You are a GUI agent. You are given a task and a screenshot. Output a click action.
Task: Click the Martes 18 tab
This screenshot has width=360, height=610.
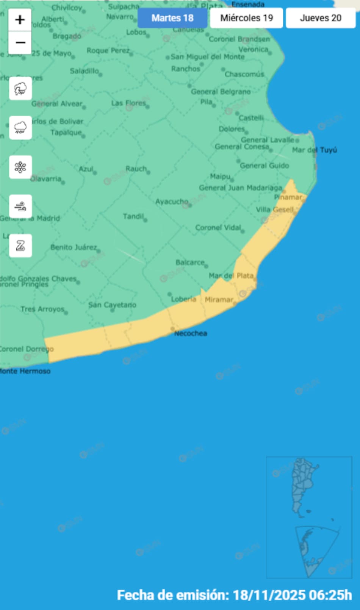tap(172, 18)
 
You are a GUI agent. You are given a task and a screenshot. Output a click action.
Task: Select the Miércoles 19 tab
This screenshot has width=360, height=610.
tap(246, 18)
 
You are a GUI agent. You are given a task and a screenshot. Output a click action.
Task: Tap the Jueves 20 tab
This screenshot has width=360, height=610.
tap(321, 18)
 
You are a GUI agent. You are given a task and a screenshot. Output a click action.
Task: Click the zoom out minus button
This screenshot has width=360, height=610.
tap(20, 42)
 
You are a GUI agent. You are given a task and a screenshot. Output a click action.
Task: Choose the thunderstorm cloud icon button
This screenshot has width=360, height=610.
tap(20, 89)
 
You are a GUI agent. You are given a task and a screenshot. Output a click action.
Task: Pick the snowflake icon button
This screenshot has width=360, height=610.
tap(20, 167)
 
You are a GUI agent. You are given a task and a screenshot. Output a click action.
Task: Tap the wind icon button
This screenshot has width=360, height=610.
tap(20, 206)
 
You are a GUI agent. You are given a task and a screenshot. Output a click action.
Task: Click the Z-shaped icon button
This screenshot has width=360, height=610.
tap(20, 246)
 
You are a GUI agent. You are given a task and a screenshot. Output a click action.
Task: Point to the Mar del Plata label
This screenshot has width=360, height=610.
tap(231, 275)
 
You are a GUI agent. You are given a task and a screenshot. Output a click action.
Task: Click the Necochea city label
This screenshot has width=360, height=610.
tap(191, 333)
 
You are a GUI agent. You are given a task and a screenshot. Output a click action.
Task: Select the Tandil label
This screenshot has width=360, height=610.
tap(133, 216)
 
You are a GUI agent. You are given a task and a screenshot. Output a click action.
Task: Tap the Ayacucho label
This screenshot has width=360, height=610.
tap(172, 202)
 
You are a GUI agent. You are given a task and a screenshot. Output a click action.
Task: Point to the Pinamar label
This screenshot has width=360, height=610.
tap(288, 197)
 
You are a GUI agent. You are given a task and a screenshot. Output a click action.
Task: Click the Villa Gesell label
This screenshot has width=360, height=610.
tap(275, 210)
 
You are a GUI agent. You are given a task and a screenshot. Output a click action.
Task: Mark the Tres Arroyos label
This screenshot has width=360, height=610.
tap(42, 309)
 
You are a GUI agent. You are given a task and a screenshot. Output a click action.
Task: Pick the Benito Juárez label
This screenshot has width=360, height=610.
tap(74, 247)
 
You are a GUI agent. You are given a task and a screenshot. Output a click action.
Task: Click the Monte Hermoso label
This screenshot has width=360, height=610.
tap(25, 371)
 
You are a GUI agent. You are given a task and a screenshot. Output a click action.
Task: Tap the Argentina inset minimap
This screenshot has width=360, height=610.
tap(309, 517)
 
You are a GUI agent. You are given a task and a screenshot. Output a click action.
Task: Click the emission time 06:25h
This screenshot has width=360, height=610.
tap(330, 595)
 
